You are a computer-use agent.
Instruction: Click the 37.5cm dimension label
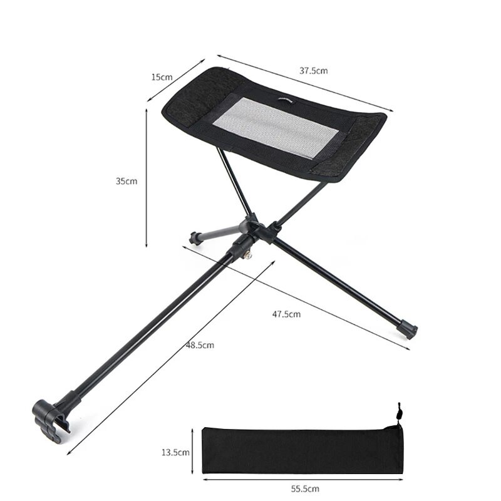click(313, 71)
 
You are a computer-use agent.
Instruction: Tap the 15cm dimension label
click(162, 77)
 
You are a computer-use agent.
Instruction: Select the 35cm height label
click(126, 181)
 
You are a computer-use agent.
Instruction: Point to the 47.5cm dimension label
click(286, 314)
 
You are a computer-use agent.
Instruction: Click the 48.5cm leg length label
click(200, 345)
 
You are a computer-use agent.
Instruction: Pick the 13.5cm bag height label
click(175, 451)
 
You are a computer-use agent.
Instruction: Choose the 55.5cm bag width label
click(305, 488)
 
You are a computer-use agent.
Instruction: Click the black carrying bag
click(301, 450)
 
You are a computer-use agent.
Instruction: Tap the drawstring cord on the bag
click(398, 414)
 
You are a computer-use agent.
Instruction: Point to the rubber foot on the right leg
click(408, 329)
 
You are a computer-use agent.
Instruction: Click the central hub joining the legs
click(254, 229)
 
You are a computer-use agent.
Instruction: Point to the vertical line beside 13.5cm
click(192, 451)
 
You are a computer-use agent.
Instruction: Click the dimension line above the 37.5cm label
click(301, 84)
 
